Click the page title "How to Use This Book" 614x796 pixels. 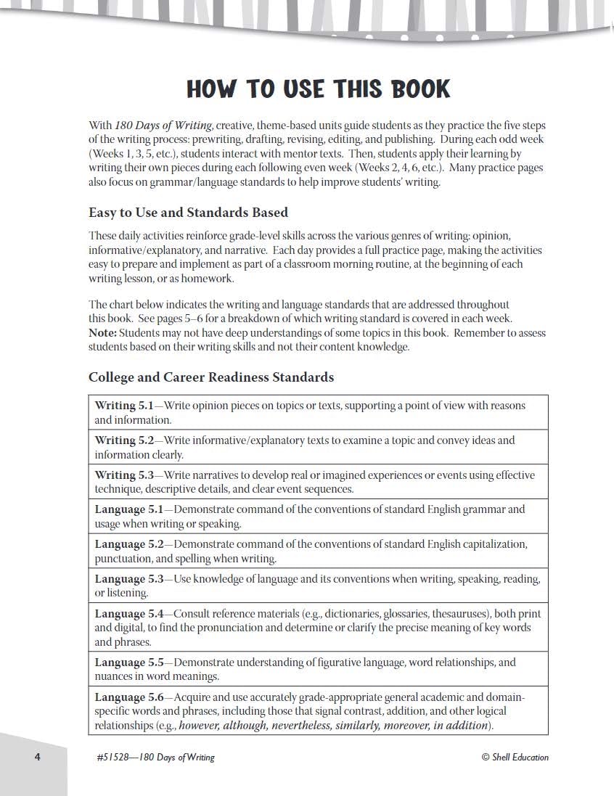(x=318, y=89)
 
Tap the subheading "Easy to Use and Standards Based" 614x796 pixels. (x=188, y=213)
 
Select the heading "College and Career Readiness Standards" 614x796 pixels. (x=211, y=377)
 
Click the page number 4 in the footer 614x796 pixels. (x=37, y=757)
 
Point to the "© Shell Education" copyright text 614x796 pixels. (x=515, y=757)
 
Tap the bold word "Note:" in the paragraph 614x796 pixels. (x=102, y=333)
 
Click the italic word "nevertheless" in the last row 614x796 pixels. (x=298, y=725)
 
